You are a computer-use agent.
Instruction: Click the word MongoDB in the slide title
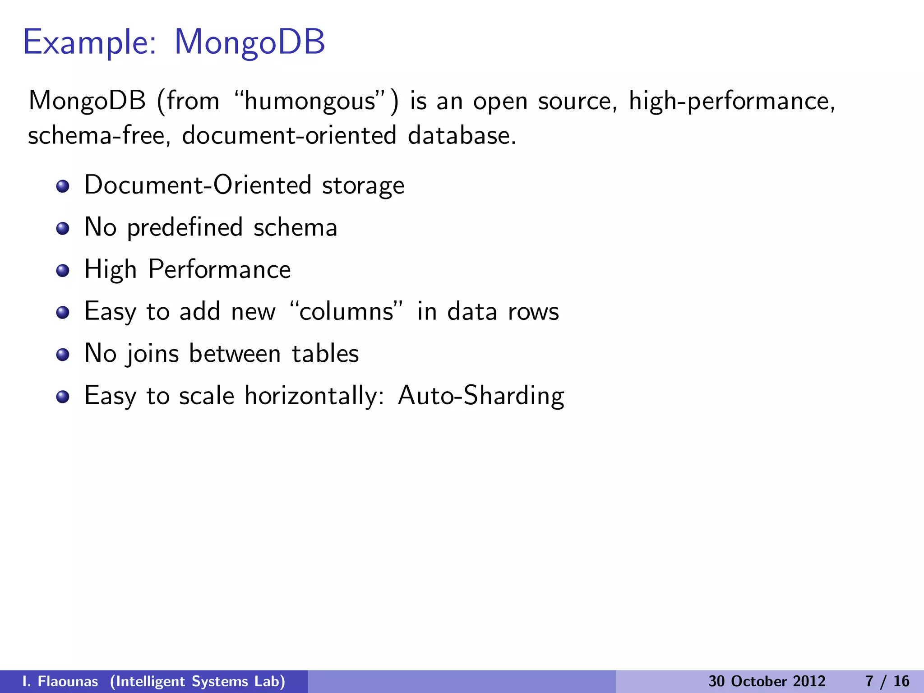[249, 42]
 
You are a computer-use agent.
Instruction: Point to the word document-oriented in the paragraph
[289, 135]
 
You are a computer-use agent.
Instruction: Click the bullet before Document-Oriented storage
[63, 186]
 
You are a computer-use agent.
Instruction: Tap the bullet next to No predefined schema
[63, 228]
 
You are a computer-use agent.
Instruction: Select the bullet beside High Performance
[63, 270]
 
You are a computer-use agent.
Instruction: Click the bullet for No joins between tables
[63, 355]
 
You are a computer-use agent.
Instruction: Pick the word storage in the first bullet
[363, 186]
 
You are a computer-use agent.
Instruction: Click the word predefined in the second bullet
[185, 228]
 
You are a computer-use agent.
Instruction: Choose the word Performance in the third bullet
[219, 270]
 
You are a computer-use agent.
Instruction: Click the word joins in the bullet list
[152, 354]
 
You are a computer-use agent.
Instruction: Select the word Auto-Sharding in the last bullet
[480, 396]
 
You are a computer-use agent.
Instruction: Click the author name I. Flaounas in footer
[60, 681]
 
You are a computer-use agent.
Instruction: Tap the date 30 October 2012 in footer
[767, 681]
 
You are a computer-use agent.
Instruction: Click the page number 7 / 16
[887, 681]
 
